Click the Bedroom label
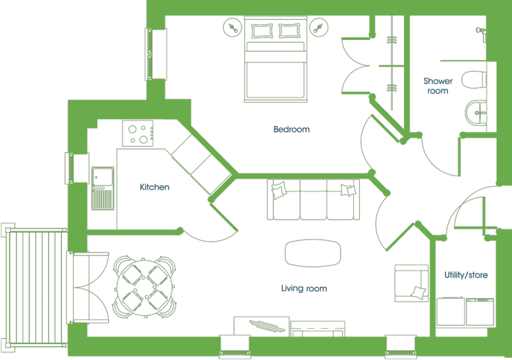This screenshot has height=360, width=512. pos(291,129)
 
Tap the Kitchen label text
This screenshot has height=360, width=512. pos(155,187)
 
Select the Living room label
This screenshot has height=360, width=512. pos(304,288)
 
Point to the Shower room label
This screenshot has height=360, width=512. pos(438,85)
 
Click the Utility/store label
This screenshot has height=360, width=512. pos(466,275)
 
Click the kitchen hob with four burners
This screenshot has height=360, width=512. pos(138,133)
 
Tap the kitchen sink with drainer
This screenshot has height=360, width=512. pos(103,188)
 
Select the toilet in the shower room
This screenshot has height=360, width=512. pos(474,80)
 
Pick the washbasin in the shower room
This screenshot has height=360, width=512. pos(476,113)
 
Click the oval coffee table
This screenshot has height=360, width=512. pos(313,253)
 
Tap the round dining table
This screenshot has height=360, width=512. pos(145,288)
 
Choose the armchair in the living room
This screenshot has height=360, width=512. pos(411,283)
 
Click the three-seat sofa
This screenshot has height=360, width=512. pos(313,199)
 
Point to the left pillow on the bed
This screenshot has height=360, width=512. pos(262,31)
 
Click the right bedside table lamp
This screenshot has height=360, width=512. pos(319,28)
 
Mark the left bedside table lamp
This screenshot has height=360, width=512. pos(233,28)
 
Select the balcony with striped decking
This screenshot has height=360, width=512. pos(34,287)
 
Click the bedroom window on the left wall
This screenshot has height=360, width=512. pos(156,54)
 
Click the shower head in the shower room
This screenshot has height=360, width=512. pos(481,32)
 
